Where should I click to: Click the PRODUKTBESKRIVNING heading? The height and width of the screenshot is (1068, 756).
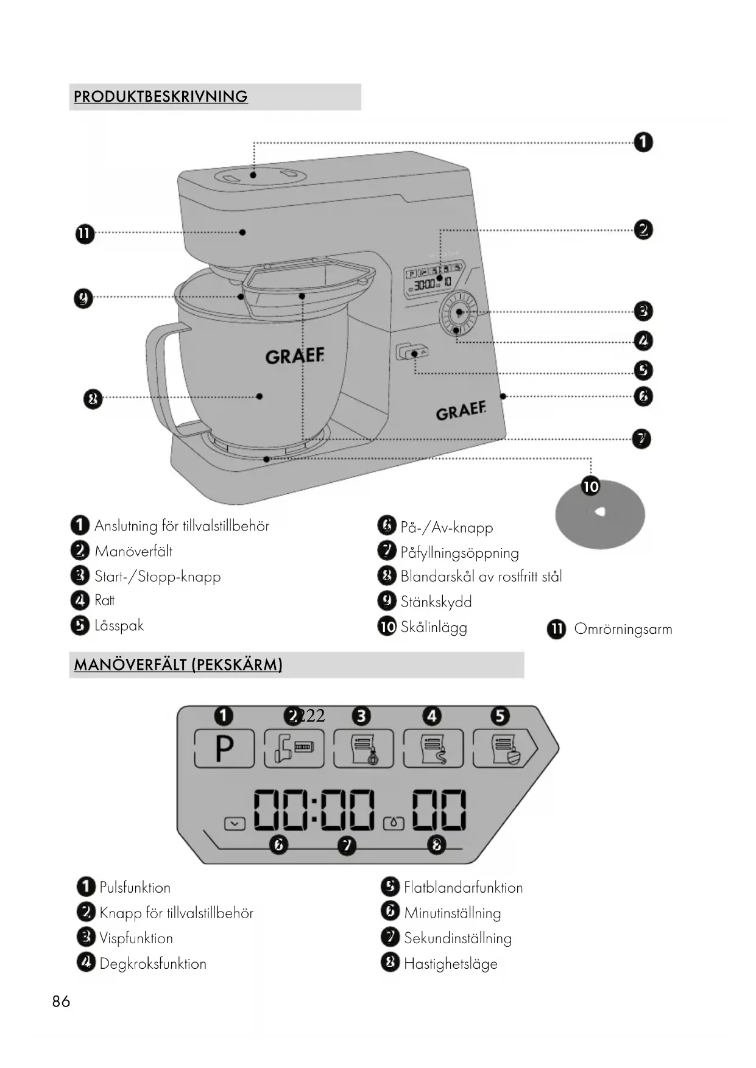coord(160,97)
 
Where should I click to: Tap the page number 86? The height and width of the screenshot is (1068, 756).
coord(61,1002)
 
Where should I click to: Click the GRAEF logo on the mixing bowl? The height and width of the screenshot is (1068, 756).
coord(295,356)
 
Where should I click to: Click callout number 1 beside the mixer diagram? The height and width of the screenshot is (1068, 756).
coord(643,142)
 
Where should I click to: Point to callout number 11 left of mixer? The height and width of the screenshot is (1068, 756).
coord(85,234)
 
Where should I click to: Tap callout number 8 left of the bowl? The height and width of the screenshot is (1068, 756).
coord(93,399)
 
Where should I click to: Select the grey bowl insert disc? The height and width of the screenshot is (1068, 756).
coord(600,515)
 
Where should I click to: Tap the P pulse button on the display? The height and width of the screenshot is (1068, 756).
coord(224,748)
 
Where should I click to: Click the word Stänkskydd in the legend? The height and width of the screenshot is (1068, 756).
coord(436,602)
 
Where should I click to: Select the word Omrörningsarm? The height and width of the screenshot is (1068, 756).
coord(623,630)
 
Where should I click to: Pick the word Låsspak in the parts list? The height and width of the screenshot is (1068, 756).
coord(119,626)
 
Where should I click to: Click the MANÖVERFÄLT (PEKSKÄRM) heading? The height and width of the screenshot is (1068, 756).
coord(178,665)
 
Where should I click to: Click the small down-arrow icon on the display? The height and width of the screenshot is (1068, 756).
coord(235,824)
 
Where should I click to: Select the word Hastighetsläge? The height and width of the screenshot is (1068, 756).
coord(450,964)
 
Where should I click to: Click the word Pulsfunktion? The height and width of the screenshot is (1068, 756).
coord(135,888)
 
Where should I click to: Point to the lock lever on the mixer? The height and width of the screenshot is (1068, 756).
coord(411,352)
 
